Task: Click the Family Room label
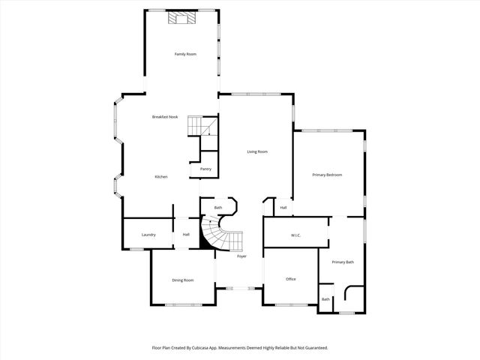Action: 185,54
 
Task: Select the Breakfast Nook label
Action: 165,117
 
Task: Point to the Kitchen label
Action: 161,176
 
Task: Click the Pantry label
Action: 205,169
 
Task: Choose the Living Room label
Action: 257,151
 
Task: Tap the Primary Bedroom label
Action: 327,175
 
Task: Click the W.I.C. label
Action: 295,235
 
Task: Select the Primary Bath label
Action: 343,262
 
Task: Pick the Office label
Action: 291,279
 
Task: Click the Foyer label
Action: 241,256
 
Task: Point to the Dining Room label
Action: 183,280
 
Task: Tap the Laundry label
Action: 148,235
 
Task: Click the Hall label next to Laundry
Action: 185,235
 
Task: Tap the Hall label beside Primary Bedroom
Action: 283,208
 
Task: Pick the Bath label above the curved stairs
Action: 218,208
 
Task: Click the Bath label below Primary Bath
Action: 325,299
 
